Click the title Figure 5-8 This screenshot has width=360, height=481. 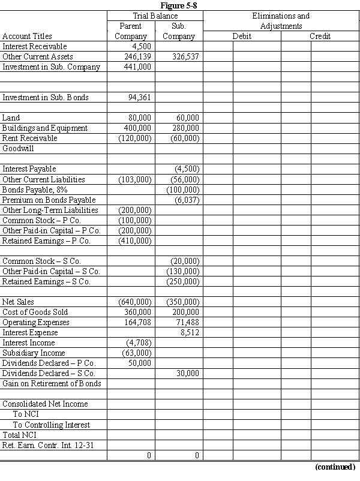[x=179, y=5]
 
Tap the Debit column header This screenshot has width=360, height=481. [x=242, y=36]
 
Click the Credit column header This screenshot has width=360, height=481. [x=320, y=36]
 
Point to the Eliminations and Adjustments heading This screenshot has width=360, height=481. [x=281, y=21]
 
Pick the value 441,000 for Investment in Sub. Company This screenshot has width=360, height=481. [x=138, y=67]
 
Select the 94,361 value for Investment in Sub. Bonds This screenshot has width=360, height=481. [x=140, y=97]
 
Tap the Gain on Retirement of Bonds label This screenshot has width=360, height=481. [x=52, y=383]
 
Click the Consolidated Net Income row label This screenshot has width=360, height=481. [x=45, y=404]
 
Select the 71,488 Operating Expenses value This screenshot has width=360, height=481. [x=187, y=322]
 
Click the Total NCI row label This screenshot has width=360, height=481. [x=19, y=434]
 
